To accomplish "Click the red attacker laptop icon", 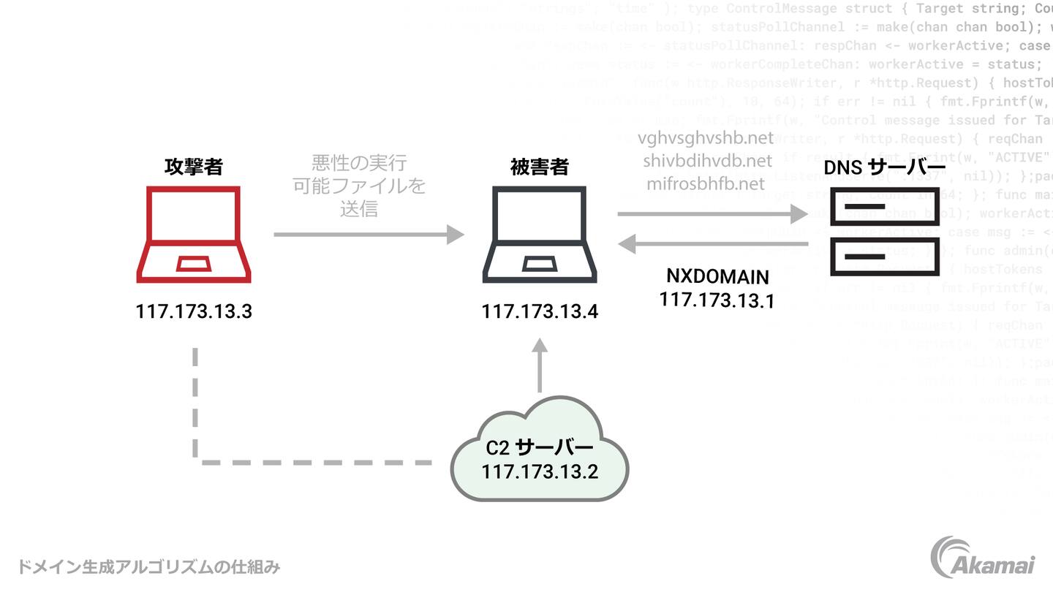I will [194, 235].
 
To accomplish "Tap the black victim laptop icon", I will [540, 235].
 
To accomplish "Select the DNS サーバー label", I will [880, 167].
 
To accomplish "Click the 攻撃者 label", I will [194, 167].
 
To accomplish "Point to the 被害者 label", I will [539, 167].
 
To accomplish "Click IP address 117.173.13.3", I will [194, 311].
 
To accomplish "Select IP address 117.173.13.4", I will [540, 312].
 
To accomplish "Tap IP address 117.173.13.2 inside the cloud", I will [540, 471].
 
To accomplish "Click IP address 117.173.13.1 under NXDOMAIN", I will [717, 300].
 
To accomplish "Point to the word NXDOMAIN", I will [717, 277].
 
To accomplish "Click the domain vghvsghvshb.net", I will [706, 138].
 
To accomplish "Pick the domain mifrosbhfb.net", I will [706, 183].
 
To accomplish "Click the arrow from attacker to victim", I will [369, 235].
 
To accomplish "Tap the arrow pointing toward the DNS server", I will [713, 214].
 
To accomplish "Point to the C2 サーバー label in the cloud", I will [540, 447].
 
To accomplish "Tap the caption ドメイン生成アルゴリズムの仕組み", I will [148, 566].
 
